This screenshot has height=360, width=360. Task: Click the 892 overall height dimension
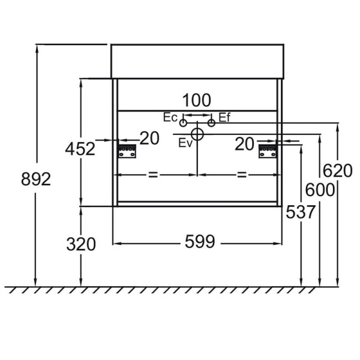[x=36, y=179]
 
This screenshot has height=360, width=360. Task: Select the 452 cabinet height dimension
[x=80, y=149]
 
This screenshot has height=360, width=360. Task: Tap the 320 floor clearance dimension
[x=81, y=244]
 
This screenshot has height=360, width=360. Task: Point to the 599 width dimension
[x=200, y=241]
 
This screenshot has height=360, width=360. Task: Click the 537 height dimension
[x=301, y=212]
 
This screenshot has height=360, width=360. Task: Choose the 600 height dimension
[x=320, y=190]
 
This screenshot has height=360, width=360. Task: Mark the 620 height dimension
[x=337, y=170]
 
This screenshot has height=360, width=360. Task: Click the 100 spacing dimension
[x=197, y=100]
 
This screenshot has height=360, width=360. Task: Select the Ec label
[x=170, y=118]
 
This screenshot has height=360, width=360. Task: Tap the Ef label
[x=224, y=118]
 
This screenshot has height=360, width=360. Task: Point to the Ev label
[x=185, y=143]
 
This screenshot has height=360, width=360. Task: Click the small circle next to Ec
[x=183, y=123]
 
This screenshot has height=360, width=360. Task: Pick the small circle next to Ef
[x=211, y=123]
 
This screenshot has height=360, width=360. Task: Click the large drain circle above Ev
[x=197, y=134]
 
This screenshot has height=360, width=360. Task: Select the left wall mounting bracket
[x=127, y=151]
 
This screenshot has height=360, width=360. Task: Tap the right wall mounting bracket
[x=268, y=151]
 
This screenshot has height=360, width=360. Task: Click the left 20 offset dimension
[x=149, y=138]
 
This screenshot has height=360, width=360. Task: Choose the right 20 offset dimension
[x=244, y=144]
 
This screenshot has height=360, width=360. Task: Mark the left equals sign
[x=153, y=175]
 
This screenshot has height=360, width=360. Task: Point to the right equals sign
[x=242, y=175]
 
